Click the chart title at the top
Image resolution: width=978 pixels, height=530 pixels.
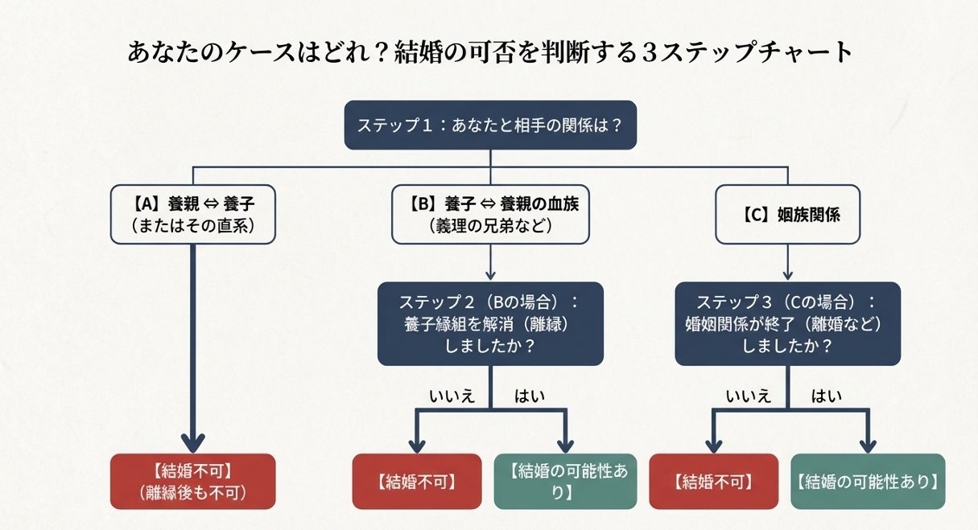coord(489,53)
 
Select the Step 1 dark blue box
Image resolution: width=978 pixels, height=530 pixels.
coord(490,125)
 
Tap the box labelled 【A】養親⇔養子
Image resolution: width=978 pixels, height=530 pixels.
coord(192,214)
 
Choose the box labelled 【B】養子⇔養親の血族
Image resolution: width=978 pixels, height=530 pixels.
coord(490,214)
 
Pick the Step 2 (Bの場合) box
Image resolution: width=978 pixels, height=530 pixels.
coord(490,323)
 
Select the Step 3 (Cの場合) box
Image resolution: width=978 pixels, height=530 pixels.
coord(787,323)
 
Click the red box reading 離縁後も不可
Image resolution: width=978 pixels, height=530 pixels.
coord(192,481)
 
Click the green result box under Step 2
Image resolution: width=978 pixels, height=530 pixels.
coord(568,481)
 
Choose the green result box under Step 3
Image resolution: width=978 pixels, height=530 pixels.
coord(868,481)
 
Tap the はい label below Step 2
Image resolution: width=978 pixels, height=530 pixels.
coord(530,394)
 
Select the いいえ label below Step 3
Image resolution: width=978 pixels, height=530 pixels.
coord(748,394)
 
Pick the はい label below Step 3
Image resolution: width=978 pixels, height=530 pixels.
coord(827,394)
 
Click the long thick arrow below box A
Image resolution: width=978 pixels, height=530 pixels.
coord(192,346)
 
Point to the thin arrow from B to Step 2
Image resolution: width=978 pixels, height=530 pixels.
coord(490,262)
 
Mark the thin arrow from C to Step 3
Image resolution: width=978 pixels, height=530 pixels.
coord(787,262)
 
